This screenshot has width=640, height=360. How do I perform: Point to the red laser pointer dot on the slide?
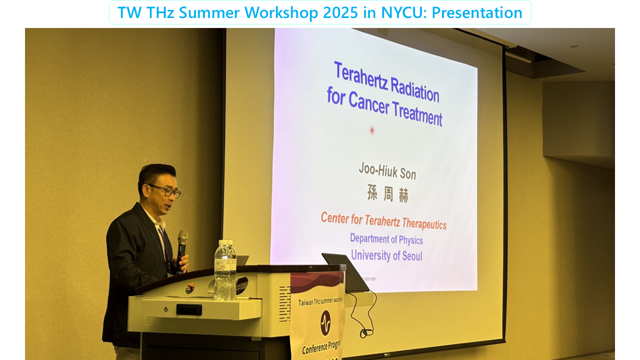click(x=372, y=130)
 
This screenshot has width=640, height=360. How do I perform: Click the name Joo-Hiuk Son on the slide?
click(x=387, y=171)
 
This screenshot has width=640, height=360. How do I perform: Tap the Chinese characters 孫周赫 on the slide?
click(x=387, y=194)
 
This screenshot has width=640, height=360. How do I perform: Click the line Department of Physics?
click(x=386, y=239)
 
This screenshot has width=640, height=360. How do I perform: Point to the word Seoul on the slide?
click(x=409, y=256)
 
